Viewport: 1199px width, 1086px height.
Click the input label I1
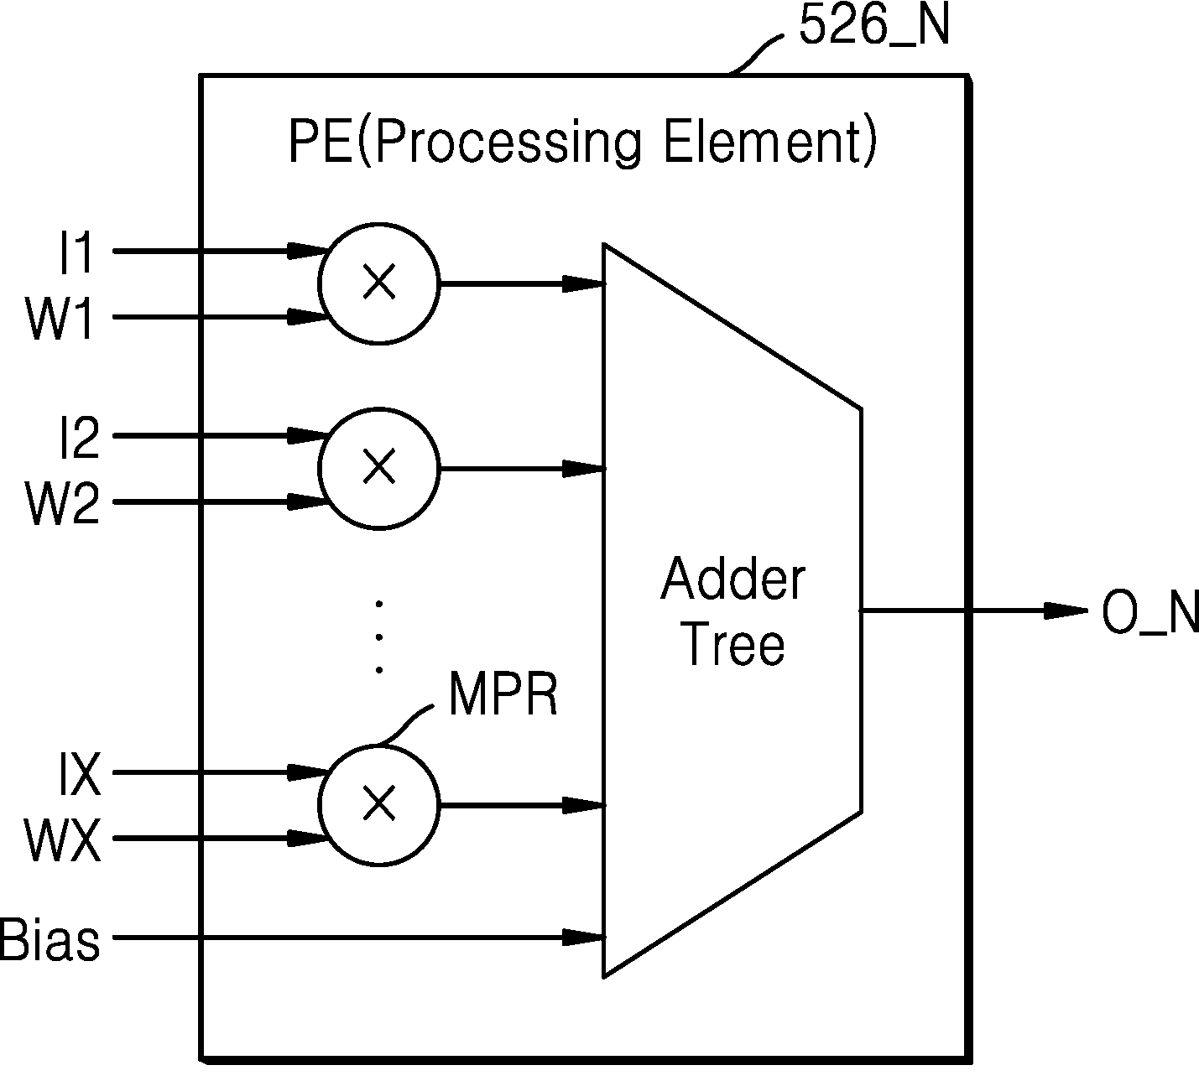pos(76,253)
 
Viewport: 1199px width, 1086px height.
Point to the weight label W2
pos(62,504)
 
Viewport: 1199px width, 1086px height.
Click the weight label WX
pos(62,839)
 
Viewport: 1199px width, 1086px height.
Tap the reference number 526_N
pos(874,26)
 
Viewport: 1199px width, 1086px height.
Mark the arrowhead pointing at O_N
pos(1066,611)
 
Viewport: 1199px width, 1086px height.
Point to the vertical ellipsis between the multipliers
pos(379,637)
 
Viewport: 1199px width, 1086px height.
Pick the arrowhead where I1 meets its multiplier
pos(309,251)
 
